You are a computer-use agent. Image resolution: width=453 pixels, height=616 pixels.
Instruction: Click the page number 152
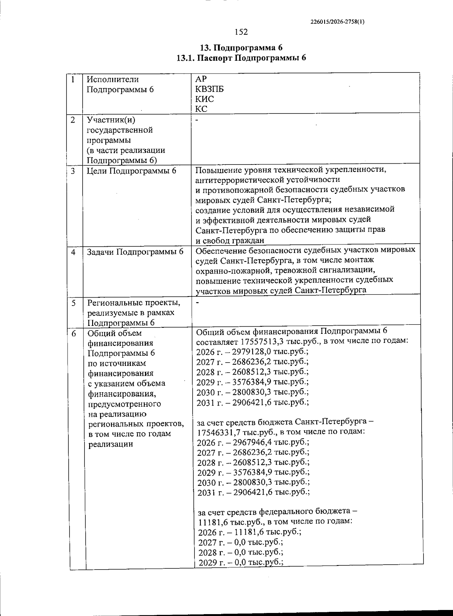(x=241, y=32)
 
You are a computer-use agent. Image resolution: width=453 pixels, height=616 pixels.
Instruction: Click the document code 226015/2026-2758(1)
(x=337, y=22)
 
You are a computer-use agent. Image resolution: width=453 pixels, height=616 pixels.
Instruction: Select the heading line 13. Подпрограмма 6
(x=241, y=48)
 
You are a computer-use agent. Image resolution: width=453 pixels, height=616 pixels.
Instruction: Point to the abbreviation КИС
(x=205, y=99)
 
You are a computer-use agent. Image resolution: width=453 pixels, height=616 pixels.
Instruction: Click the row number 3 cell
(x=74, y=171)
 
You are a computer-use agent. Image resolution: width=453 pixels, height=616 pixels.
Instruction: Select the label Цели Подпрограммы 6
(x=132, y=171)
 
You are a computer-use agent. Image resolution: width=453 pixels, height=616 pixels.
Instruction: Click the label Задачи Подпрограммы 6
(x=135, y=252)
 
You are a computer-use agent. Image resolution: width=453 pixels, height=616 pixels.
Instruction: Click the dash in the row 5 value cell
(x=197, y=303)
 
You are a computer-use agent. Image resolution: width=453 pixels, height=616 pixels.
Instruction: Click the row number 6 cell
(x=74, y=333)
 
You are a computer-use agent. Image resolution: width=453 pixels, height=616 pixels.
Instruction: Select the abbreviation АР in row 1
(x=201, y=80)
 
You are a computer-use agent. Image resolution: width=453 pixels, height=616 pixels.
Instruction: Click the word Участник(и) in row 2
(x=111, y=120)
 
